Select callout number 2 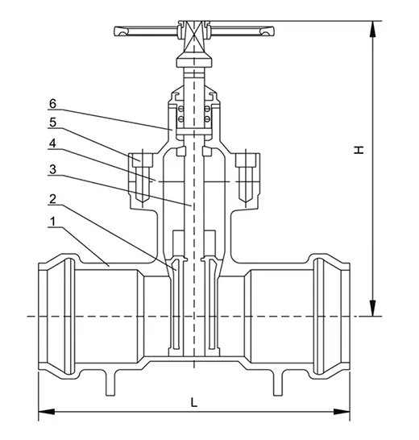tap(52, 198)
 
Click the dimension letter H tap(362, 148)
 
